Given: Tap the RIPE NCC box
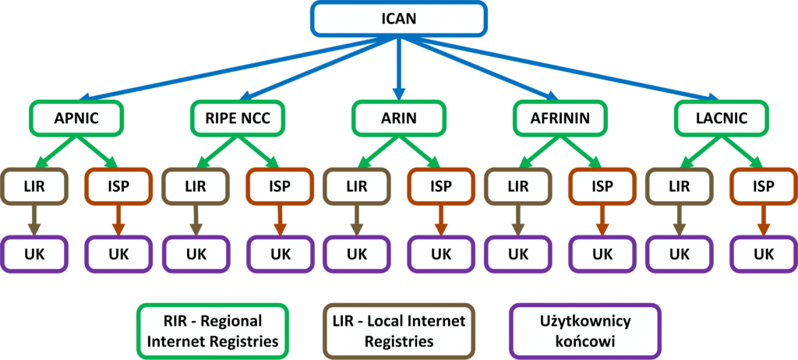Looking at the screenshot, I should click(237, 118).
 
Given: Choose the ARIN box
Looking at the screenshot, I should click(398, 118).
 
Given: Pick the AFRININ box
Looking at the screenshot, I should click(560, 118).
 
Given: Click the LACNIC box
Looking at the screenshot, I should click(721, 118).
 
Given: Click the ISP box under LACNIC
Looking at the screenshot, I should click(764, 185).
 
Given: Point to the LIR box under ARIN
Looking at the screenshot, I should click(357, 185).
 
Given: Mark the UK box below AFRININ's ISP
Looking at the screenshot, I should click(602, 253).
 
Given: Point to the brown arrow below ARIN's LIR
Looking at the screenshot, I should click(357, 219).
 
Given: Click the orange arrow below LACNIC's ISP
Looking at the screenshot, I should click(764, 219).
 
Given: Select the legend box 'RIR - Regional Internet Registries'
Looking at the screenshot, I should click(212, 330).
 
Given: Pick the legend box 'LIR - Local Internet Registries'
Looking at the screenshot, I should click(397, 330).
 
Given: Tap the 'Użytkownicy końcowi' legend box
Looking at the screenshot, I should click(584, 330).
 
